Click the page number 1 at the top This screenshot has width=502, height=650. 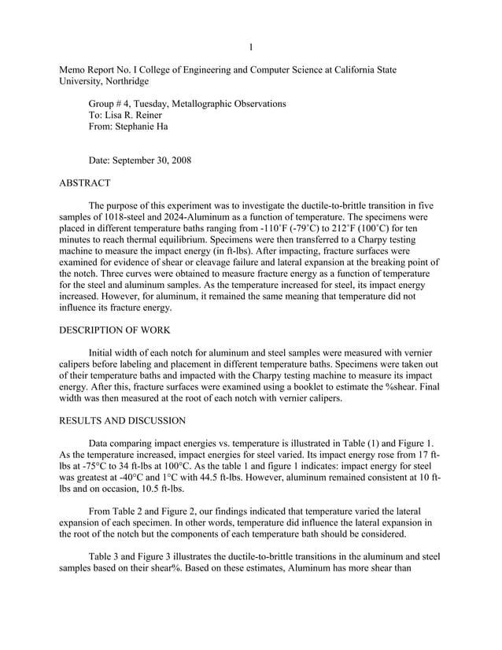(251, 47)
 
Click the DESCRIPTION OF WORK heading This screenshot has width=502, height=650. (120, 330)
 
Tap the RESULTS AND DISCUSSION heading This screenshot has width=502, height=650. (122, 421)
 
